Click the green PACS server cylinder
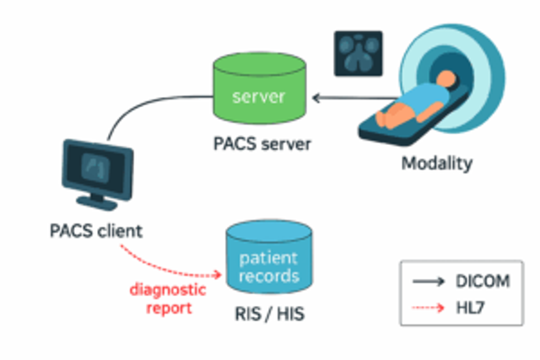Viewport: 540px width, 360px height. (x=259, y=89)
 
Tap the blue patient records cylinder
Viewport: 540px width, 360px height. (x=269, y=257)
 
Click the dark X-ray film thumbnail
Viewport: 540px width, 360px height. (x=358, y=53)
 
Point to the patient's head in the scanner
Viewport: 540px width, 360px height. (x=446, y=80)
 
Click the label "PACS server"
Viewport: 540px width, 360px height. (x=262, y=144)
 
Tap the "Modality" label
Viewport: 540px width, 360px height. (x=437, y=163)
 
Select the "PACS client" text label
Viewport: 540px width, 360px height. (x=96, y=231)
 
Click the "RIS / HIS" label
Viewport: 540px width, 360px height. (x=269, y=314)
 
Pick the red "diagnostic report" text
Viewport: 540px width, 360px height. (x=168, y=298)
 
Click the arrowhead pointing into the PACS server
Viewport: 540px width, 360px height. (x=316, y=98)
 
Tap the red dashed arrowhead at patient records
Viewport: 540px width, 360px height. (x=218, y=274)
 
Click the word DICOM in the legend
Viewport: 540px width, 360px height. (x=483, y=282)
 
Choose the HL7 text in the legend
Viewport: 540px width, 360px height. (x=470, y=308)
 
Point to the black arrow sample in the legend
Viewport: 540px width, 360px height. (x=429, y=282)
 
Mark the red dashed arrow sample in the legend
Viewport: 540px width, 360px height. (x=428, y=308)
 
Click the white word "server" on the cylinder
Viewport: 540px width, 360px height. (x=259, y=97)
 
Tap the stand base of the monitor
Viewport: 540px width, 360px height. (x=97, y=202)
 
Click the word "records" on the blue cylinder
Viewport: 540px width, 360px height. (x=269, y=276)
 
